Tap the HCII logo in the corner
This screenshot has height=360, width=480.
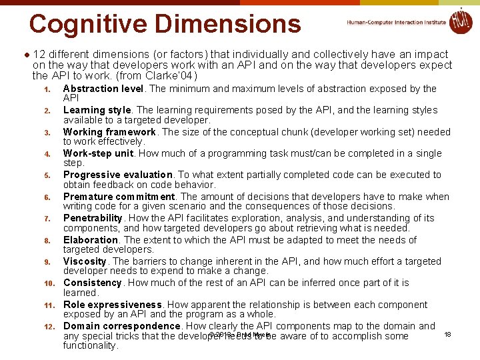[x=460, y=21]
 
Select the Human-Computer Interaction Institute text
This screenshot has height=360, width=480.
[x=396, y=22]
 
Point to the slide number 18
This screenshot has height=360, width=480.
[x=447, y=334]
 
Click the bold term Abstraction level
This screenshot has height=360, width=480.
[x=103, y=89]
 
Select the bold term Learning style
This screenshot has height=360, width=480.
[x=97, y=110]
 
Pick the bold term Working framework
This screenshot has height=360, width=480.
[x=109, y=132]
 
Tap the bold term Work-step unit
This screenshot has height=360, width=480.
[x=98, y=153]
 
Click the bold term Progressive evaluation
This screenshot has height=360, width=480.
[x=117, y=175]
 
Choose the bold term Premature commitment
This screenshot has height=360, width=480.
[x=119, y=197]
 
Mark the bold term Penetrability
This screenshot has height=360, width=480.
[x=93, y=218]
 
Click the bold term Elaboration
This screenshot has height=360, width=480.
[x=91, y=240]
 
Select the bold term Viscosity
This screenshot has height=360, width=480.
[x=85, y=261]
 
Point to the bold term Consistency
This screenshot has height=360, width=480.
[x=93, y=283]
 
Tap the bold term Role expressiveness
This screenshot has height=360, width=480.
[x=113, y=305]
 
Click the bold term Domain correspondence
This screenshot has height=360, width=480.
[x=122, y=326]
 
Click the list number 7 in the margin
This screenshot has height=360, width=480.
[x=47, y=219]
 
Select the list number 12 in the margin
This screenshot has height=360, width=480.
[x=48, y=327]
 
